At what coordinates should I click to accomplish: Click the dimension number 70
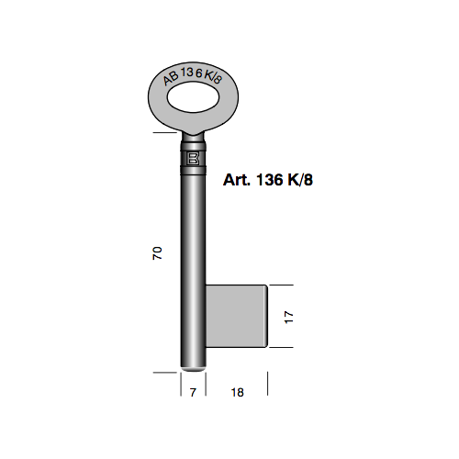point(157,253)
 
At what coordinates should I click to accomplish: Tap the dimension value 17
point(287,317)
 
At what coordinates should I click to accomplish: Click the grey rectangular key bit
point(236,316)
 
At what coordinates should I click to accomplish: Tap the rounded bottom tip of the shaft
point(193,366)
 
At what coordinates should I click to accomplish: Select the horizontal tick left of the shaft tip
point(163,373)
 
